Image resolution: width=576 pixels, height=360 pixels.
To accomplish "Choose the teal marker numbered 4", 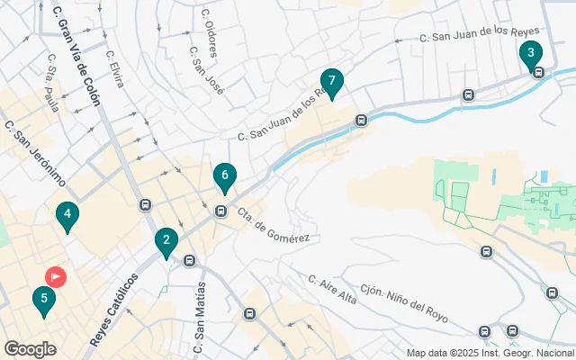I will tap(66, 215).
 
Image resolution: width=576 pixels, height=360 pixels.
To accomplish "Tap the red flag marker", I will tap(56, 276).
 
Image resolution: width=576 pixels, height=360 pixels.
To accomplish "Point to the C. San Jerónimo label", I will tap(35, 153).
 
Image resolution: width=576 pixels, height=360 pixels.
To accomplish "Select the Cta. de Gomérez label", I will tap(274, 225).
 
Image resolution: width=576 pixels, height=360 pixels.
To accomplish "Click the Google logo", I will tap(30, 349).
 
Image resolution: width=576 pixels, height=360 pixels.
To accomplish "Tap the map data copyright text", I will tap(490, 353).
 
